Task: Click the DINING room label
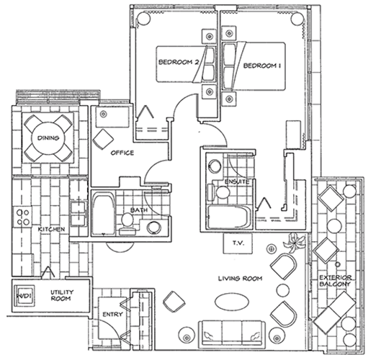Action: pos(48,138)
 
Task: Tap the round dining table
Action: pos(48,138)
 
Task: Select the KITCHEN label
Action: pos(51,230)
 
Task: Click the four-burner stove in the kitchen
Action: pos(23,217)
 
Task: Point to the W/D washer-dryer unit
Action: pos(24,296)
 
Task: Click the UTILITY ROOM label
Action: pos(61,295)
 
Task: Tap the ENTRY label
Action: pos(112,315)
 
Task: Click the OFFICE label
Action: pos(122,153)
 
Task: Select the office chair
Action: pos(103,140)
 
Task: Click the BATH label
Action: pos(139,210)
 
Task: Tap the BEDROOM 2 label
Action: pos(179,62)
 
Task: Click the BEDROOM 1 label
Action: pos(262,66)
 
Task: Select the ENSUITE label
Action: pos(237,182)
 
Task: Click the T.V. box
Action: pos(238,243)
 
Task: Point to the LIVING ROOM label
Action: pos(240,279)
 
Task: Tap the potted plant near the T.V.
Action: pos(294,243)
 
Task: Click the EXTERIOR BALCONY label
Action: pos(335,281)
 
